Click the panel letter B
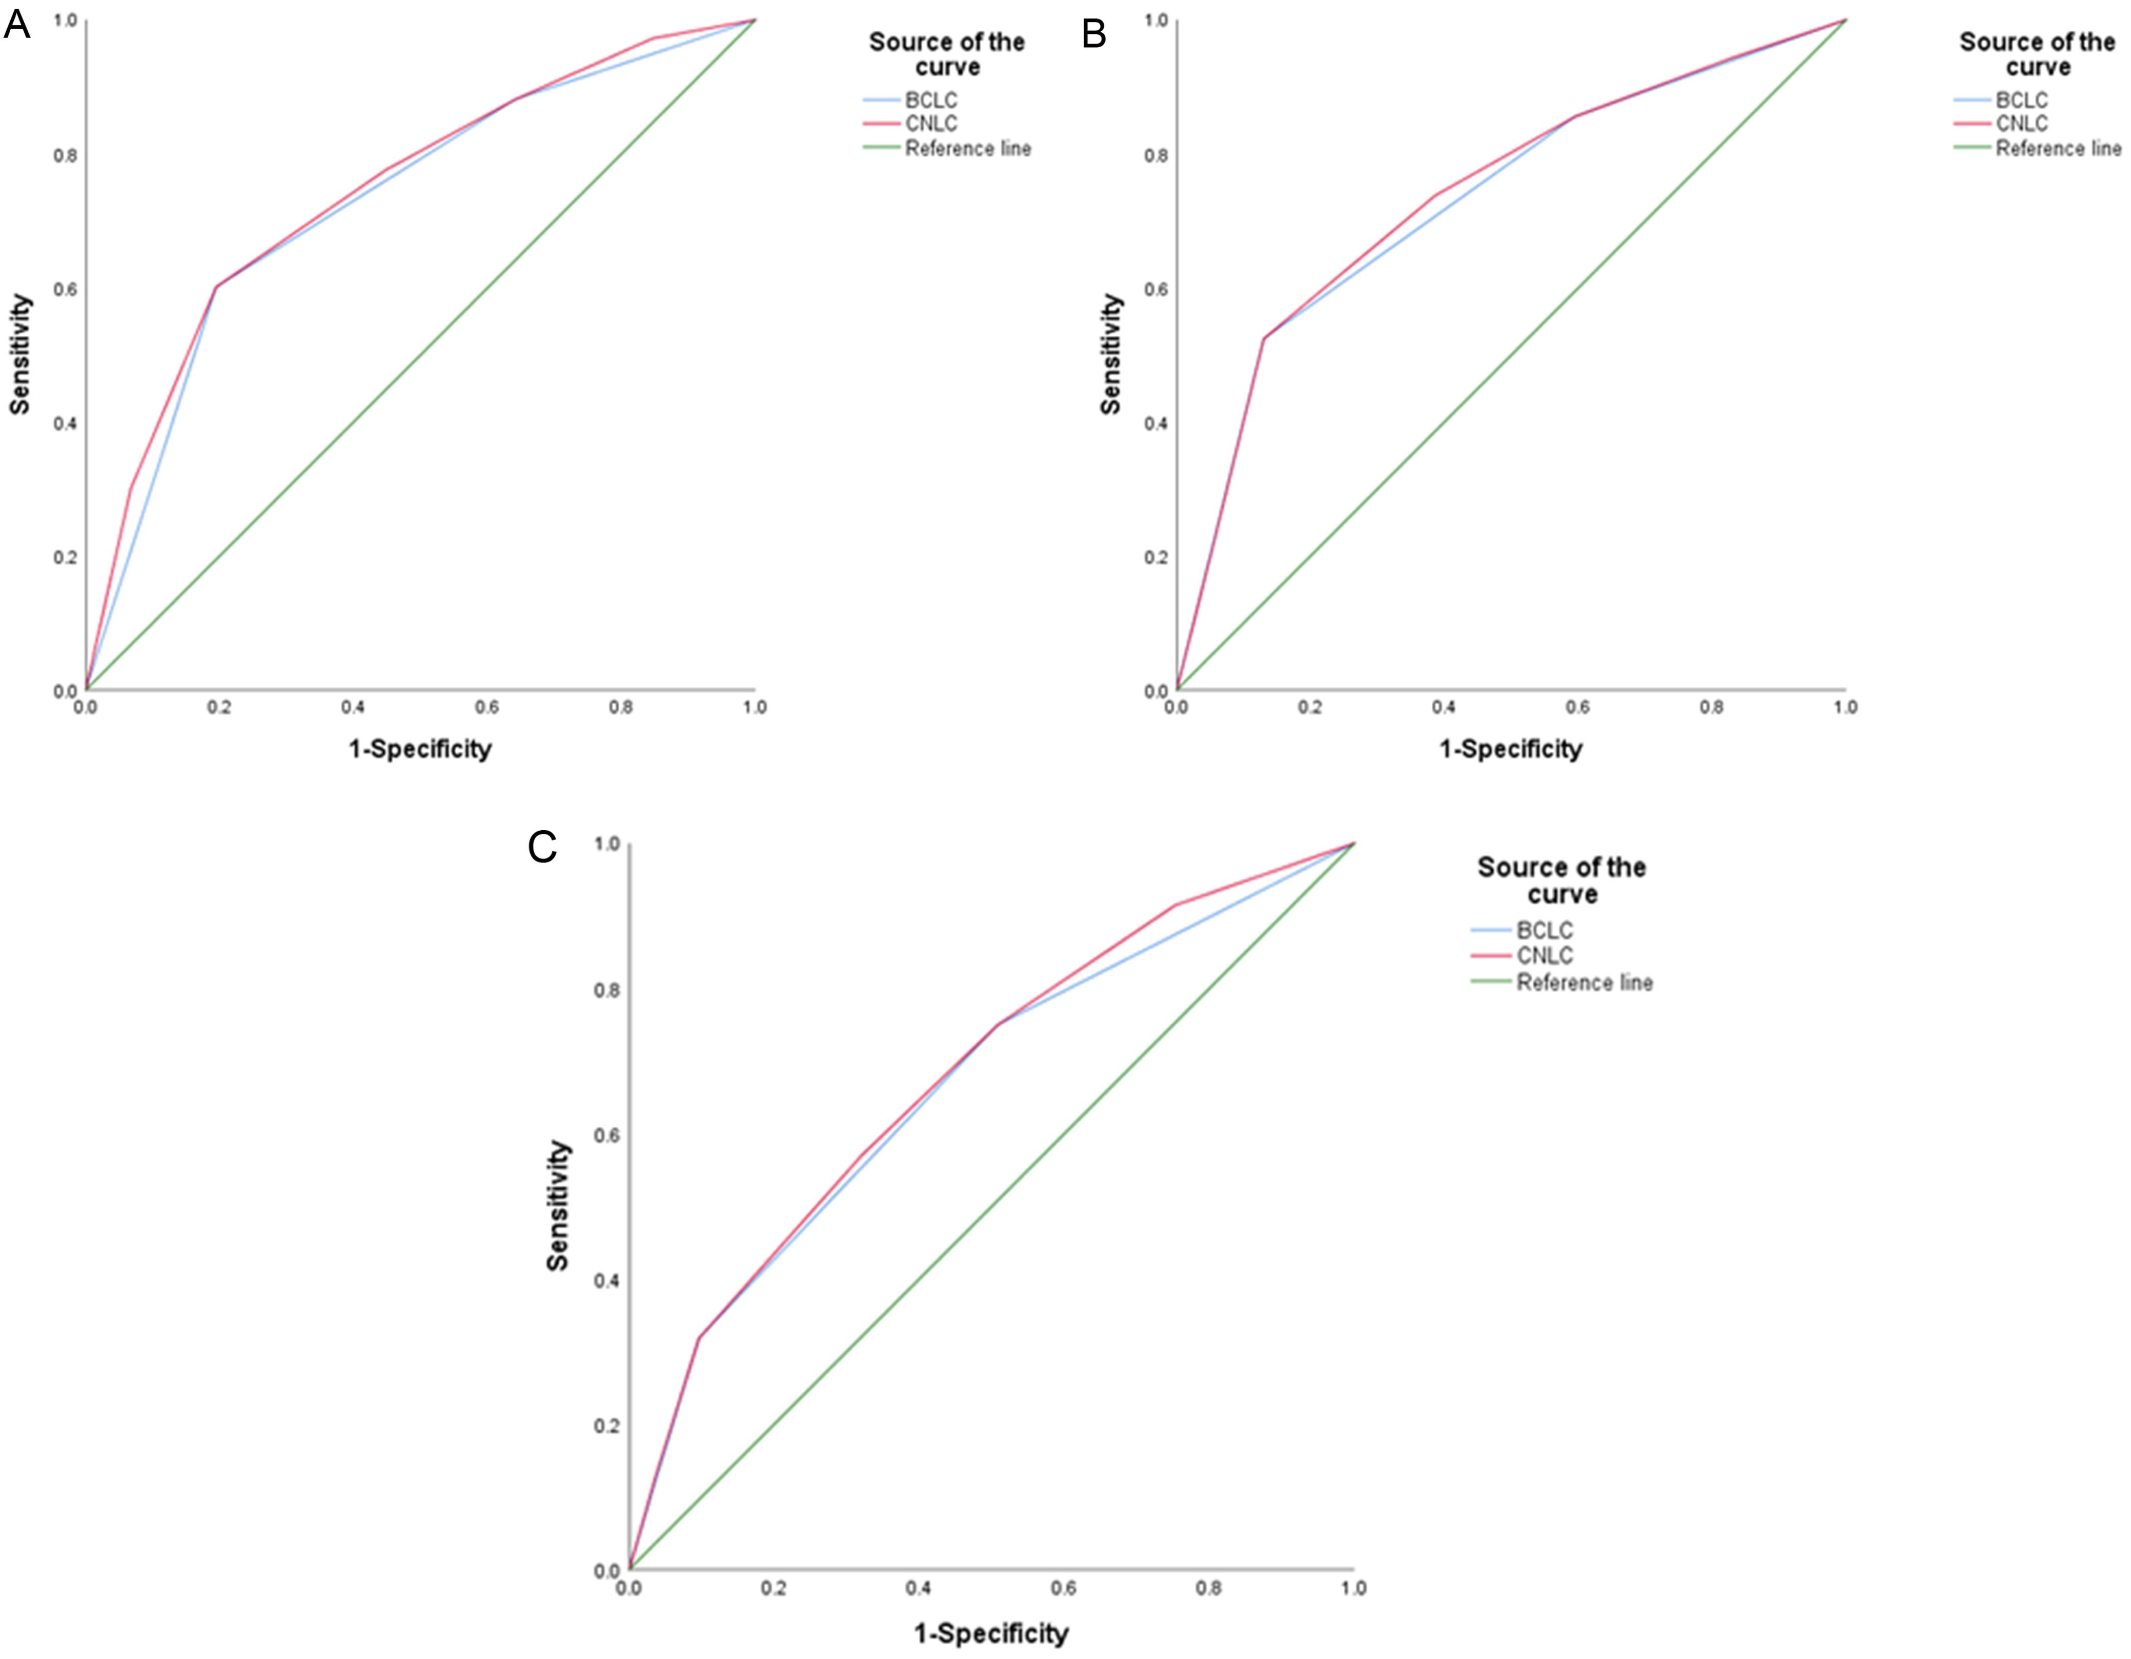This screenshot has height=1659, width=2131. (x=1094, y=33)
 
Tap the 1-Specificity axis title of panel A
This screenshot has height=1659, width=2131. (x=419, y=749)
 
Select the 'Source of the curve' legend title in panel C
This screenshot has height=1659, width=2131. (x=1561, y=880)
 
